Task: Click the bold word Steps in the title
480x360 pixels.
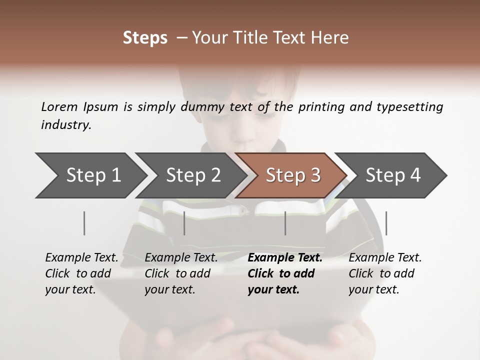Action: [145, 38]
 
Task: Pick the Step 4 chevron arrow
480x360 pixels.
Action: [392, 175]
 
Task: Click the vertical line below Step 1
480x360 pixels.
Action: [84, 223]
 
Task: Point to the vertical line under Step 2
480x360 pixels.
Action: [184, 223]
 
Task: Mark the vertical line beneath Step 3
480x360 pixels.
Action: [285, 223]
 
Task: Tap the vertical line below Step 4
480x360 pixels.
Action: [386, 223]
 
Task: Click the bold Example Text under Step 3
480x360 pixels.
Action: [285, 258]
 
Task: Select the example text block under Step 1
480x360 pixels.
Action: [81, 273]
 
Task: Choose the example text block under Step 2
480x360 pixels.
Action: [181, 273]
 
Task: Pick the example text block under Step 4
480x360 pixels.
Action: [385, 273]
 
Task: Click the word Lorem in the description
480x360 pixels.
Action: [59, 106]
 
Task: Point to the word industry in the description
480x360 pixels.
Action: [65, 125]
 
